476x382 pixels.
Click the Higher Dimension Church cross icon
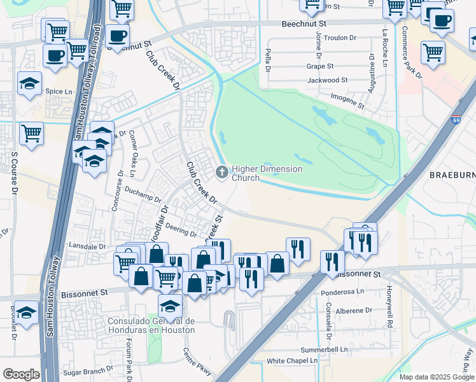coord(221,171)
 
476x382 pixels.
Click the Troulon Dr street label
coord(340,38)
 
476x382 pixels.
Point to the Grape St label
coord(320,66)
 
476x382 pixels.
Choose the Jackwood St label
coord(327,81)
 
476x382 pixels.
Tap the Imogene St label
coord(347,101)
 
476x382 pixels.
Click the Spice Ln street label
coord(59,92)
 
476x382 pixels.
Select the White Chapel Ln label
coord(291,361)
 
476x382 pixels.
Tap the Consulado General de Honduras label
coord(151,325)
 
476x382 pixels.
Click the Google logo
coord(20,374)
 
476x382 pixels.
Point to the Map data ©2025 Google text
coord(437,377)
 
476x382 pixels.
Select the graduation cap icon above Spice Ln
coord(29,83)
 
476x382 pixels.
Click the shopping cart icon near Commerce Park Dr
coord(433,52)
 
